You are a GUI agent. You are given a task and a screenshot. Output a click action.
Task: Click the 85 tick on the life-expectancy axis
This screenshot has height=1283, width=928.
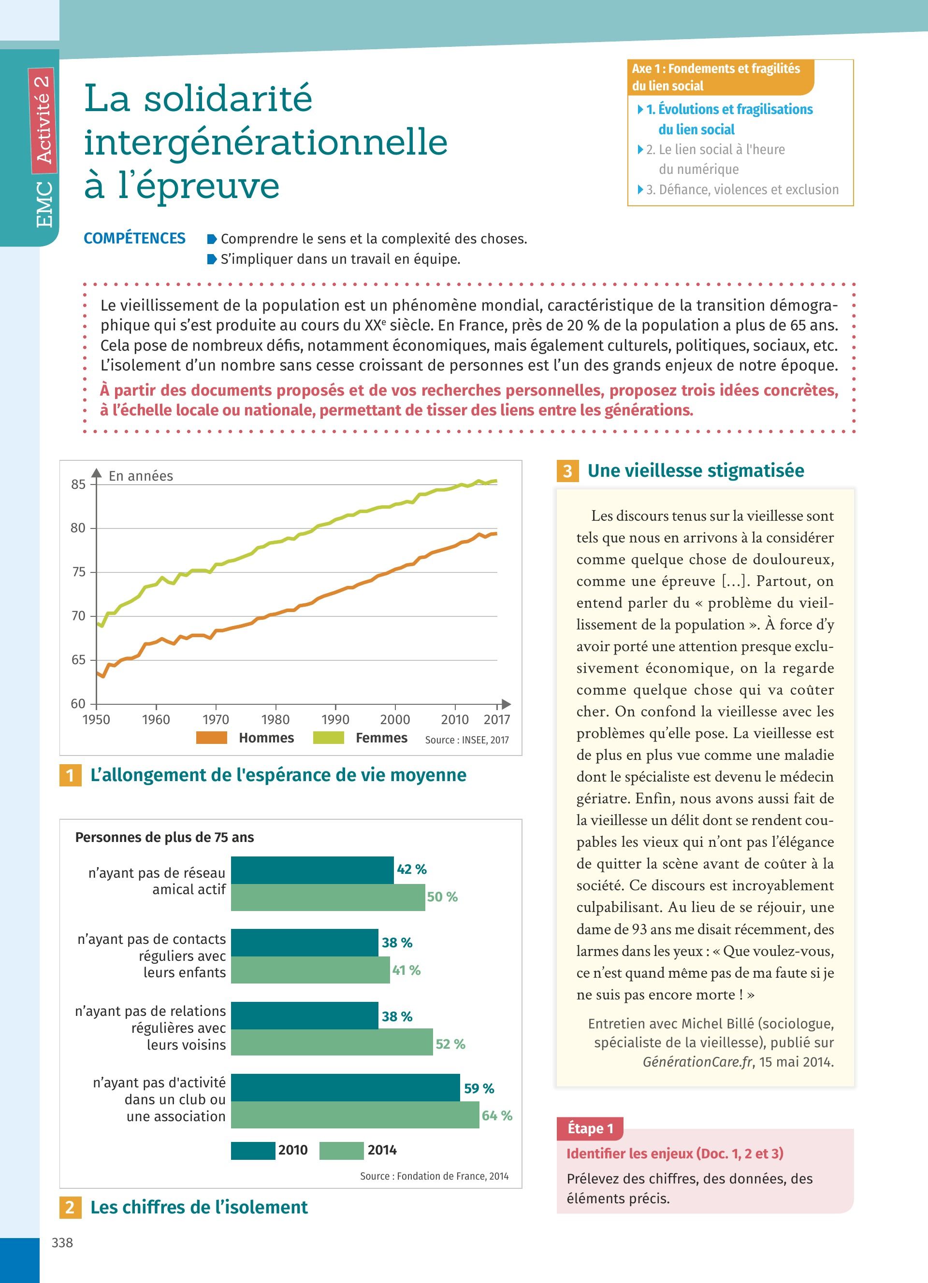[78, 484]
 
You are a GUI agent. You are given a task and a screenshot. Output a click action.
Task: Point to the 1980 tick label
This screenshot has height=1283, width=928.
[275, 720]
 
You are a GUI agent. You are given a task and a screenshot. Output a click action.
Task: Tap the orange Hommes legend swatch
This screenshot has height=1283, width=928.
[211, 738]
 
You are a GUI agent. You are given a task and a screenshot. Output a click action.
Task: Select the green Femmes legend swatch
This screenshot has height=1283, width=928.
[328, 738]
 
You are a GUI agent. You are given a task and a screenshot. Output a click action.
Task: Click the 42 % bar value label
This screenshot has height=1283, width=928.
[411, 870]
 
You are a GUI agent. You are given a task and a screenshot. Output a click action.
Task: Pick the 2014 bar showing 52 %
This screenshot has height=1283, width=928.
[332, 1042]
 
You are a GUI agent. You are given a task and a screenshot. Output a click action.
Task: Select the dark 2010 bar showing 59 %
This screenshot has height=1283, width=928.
[345, 1087]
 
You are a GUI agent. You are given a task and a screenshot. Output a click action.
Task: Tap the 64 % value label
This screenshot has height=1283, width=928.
[497, 1115]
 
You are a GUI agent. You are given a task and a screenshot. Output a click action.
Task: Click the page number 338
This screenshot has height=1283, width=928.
[62, 1242]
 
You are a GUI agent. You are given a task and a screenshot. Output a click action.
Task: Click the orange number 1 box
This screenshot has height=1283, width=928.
[70, 775]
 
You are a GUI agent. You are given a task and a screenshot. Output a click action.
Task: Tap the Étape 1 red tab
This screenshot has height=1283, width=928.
[590, 1128]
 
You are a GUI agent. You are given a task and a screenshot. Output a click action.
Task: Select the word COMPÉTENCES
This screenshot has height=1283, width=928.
[135, 239]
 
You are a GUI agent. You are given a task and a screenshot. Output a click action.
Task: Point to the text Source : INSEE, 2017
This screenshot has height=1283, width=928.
[467, 740]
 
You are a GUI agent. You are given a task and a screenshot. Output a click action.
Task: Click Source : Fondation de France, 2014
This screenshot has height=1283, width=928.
[434, 1176]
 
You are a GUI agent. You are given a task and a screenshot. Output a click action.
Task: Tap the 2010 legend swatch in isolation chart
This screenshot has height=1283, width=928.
[252, 1150]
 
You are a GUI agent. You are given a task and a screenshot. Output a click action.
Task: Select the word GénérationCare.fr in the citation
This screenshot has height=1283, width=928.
[697, 1062]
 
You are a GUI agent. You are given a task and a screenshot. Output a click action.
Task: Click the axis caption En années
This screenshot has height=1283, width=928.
[141, 476]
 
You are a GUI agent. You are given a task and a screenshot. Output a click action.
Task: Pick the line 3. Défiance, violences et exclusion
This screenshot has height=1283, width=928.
[742, 189]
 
